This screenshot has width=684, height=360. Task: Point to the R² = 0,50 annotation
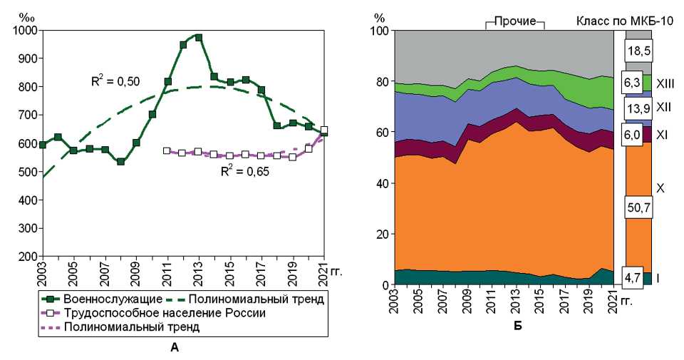coord(113,81)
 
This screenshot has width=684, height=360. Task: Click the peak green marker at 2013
coord(199,37)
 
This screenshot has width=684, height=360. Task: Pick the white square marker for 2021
coord(325,130)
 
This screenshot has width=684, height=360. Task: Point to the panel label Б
coord(517,326)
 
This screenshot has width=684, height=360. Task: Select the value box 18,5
coord(638,50)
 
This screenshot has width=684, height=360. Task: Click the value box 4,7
coord(638,276)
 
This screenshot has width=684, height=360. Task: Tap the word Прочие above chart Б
coord(515,22)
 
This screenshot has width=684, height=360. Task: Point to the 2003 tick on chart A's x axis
coord(43,271)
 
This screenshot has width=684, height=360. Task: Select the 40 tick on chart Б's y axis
coord(379,183)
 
